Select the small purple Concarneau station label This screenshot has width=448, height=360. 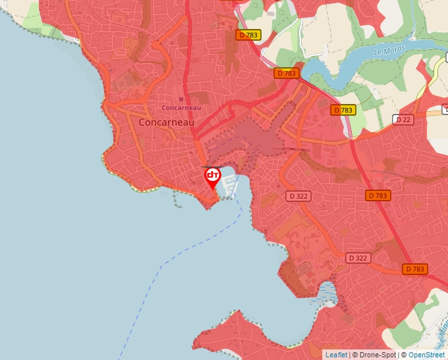(181, 107)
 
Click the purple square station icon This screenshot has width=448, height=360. (181, 99)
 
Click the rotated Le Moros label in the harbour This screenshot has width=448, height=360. (256, 155)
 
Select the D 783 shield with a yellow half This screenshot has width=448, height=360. (343, 110)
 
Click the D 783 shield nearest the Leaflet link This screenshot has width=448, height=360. (415, 269)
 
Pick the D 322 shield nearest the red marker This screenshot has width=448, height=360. (298, 195)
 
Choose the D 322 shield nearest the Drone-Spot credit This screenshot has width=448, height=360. (357, 258)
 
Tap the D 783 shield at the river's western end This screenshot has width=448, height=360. (287, 73)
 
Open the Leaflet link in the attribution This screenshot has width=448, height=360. (336, 355)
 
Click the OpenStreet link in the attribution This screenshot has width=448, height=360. (426, 355)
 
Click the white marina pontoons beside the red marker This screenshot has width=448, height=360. (229, 186)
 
